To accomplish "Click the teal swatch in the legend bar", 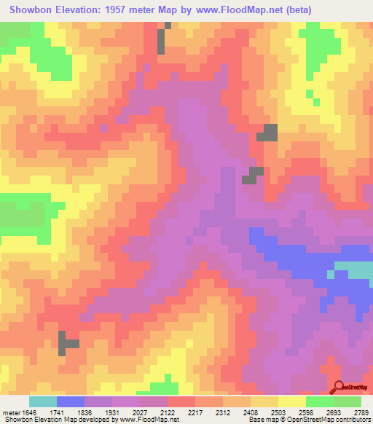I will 43,401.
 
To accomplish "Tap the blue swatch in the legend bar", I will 71,401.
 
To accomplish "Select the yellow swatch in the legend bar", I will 292,401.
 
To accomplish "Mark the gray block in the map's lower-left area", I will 68,342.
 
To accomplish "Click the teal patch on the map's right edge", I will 354,270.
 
